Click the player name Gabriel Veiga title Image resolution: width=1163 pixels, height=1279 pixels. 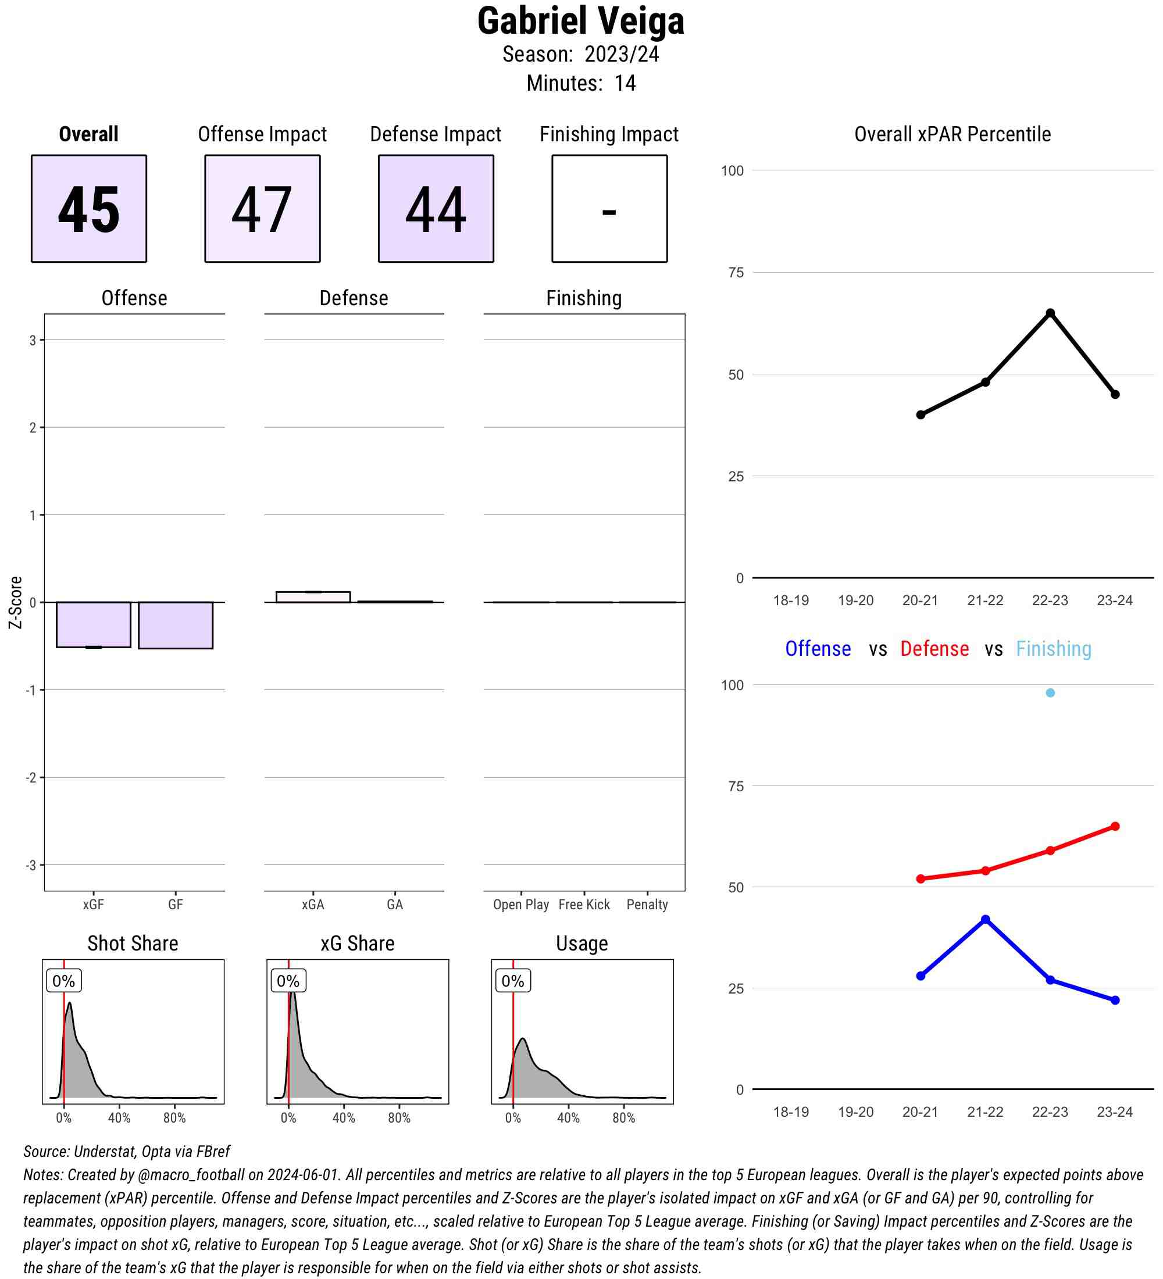(580, 21)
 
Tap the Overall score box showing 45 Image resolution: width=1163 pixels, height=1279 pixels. (89, 208)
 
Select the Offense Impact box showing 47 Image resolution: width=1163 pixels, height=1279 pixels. (262, 208)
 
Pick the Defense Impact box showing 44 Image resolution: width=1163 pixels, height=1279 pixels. (436, 208)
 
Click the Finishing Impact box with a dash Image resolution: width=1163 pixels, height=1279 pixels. (609, 208)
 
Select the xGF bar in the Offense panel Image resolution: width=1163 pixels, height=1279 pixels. (93, 624)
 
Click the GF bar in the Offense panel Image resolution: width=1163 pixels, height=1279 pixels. (176, 625)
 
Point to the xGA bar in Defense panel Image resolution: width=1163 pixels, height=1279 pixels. (313, 596)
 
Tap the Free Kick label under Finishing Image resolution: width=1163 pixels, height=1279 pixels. (584, 904)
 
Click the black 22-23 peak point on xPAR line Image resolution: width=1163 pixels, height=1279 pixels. (1050, 313)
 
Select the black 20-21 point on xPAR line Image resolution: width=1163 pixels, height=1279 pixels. (921, 415)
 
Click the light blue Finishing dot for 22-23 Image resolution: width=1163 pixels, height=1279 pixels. (1050, 693)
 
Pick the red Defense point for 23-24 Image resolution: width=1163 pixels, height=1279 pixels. (1115, 826)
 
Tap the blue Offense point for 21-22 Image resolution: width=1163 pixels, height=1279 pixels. (985, 919)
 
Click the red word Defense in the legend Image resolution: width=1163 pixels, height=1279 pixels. (934, 648)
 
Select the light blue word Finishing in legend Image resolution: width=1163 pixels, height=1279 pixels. (1053, 648)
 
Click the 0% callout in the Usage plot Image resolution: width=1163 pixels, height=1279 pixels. (513, 981)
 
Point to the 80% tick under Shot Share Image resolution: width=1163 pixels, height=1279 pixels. (174, 1118)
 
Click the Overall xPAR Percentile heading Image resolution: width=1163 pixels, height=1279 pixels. (952, 134)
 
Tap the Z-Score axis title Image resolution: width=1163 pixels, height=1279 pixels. (15, 602)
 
